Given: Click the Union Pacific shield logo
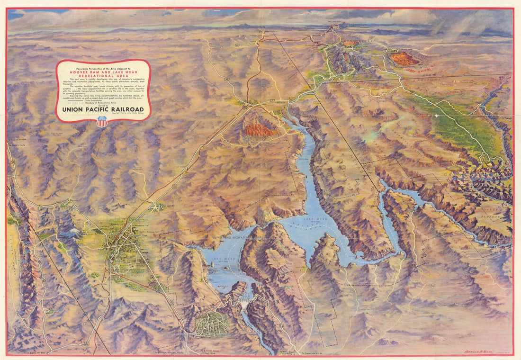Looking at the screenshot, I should click(102, 122).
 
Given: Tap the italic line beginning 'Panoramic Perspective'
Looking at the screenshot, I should click(103, 65).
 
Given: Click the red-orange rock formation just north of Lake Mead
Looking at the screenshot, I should click(260, 130).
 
